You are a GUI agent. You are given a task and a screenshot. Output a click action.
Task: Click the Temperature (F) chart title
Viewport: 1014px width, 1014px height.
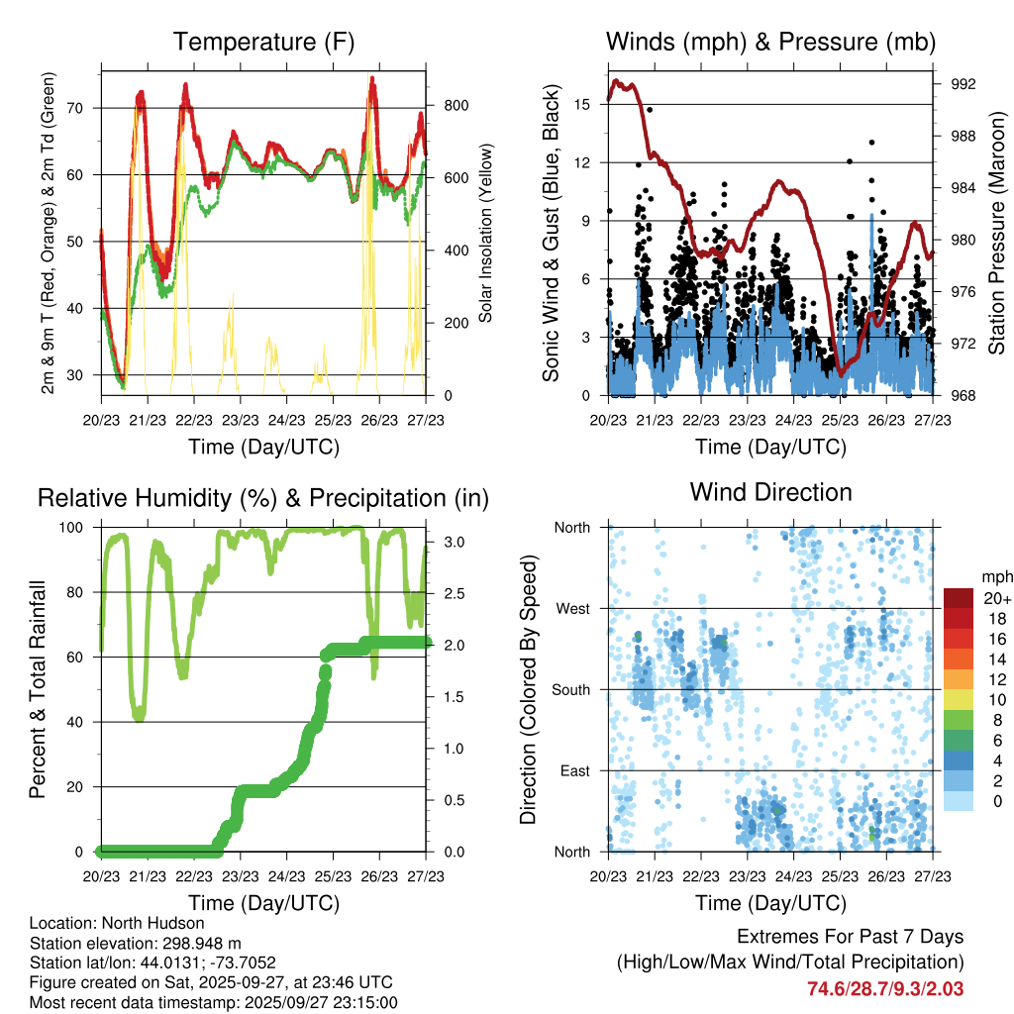[x=263, y=42]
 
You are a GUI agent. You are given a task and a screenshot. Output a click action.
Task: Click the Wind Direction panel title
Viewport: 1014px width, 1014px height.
[x=770, y=492]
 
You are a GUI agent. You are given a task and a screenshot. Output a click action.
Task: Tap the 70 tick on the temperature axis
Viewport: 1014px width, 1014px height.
[x=84, y=108]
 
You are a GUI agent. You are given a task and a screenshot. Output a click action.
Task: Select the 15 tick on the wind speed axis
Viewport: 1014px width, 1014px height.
[x=582, y=104]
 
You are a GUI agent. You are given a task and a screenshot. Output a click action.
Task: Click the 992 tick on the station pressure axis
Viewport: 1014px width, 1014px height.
[x=963, y=84]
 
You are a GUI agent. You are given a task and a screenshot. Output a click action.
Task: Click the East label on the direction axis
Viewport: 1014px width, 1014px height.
[x=573, y=770]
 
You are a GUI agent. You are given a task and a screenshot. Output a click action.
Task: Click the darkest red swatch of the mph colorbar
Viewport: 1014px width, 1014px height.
[x=959, y=598]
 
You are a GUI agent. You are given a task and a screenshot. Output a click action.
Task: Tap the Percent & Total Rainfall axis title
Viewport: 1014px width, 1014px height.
[x=39, y=689]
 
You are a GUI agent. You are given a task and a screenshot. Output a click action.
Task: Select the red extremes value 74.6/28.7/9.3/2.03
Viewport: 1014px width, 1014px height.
[x=885, y=988]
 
